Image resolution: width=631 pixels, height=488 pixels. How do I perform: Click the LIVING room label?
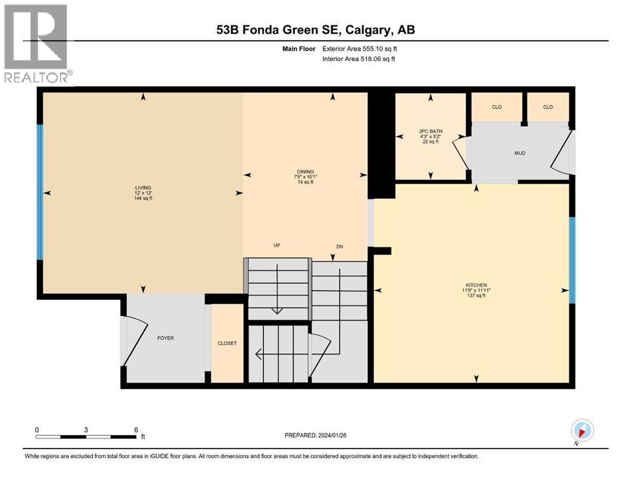tap(142, 188)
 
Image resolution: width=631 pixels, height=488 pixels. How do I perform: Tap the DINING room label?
tap(306, 172)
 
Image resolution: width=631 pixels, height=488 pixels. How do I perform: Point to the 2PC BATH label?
tap(431, 132)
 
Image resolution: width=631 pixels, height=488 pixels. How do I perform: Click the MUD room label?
tap(520, 153)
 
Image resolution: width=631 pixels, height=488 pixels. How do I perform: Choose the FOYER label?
tap(165, 338)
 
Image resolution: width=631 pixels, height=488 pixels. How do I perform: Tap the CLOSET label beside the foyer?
tap(227, 343)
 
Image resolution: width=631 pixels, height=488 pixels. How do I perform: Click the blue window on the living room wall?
tap(40, 192)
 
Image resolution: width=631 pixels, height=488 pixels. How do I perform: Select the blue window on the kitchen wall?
tap(572, 260)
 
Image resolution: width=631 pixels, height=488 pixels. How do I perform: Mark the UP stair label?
tap(277, 245)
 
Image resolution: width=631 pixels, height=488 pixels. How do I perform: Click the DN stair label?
tap(339, 247)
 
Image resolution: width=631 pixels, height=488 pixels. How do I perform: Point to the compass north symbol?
tap(582, 431)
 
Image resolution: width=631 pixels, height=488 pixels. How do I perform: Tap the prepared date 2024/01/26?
tap(316, 435)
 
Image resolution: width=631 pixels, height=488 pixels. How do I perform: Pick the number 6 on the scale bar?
tap(135, 430)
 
